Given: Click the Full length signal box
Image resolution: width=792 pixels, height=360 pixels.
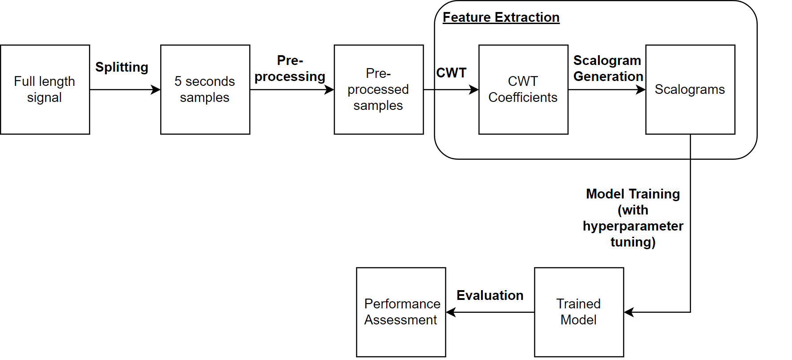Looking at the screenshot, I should point(45,89).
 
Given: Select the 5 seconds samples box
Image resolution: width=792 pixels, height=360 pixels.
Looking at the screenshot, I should point(205,89).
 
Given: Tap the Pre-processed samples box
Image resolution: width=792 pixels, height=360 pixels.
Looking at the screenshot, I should point(379,89).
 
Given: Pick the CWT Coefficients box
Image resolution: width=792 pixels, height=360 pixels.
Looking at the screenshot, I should point(523,89).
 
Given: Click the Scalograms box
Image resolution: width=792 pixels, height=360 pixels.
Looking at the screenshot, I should point(690,89).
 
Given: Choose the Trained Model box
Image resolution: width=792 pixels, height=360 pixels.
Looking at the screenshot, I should point(579,312).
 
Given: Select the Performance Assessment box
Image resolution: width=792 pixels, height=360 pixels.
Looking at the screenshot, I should point(401,312).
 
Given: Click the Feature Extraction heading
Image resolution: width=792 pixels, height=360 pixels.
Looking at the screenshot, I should point(501,17).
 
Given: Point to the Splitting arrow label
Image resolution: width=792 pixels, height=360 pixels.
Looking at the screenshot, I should point(121,67).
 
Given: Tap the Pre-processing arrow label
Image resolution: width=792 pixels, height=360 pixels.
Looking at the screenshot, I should point(290,69).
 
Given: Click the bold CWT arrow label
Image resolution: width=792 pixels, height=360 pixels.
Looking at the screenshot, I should point(451,73).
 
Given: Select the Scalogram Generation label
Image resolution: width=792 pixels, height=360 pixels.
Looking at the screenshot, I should point(608,69).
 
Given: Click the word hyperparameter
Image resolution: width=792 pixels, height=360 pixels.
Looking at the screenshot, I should point(633,226).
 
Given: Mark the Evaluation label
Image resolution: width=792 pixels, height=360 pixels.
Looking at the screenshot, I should point(490,295).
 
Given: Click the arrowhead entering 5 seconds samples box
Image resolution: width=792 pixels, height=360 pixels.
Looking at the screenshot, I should point(156,89).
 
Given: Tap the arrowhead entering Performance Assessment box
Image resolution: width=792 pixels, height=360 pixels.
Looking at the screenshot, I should point(451,312).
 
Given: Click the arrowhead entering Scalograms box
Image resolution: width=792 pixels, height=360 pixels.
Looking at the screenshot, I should point(641,89).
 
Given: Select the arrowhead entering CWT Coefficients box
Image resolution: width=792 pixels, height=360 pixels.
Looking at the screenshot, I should point(474,89).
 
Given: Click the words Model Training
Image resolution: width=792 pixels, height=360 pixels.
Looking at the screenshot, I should point(633,194).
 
